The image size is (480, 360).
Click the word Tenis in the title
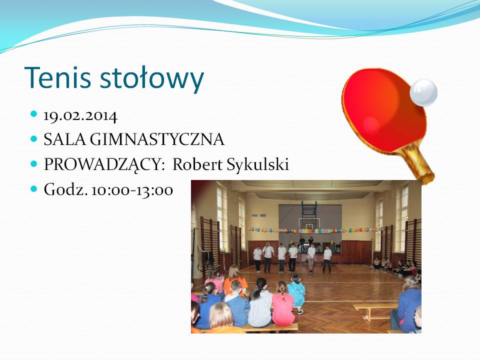coord(57,77)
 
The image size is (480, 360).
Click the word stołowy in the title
coord(152,79)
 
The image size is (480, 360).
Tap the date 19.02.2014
coord(80,115)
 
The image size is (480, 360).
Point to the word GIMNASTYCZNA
coord(157,139)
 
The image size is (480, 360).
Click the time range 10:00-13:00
coord(132,190)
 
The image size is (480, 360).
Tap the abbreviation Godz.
coord(66,189)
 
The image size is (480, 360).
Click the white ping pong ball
coord(423,93)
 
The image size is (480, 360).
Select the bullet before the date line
coord(34,114)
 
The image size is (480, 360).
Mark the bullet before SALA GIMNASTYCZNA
coord(34,139)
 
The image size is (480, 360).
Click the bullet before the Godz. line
coord(34,188)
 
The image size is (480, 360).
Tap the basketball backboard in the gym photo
coord(308,224)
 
